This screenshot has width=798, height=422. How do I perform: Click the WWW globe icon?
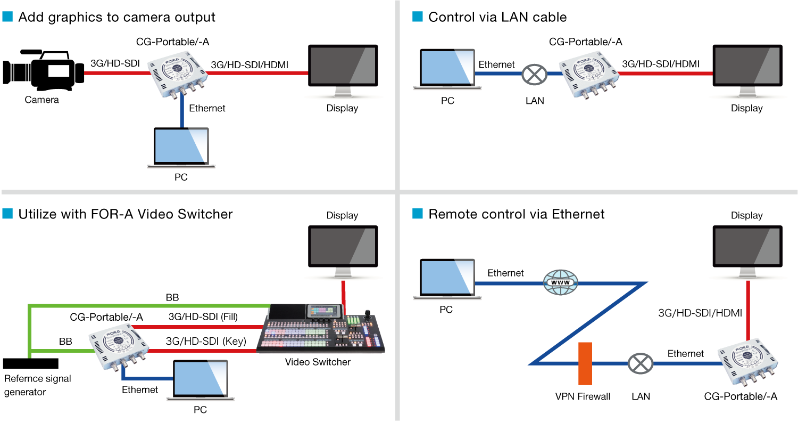pos(560,282)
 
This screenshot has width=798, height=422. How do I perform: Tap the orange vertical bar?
pos(585,363)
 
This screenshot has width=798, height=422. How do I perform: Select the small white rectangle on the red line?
pos(59,71)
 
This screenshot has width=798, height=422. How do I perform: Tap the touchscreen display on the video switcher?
pos(323,311)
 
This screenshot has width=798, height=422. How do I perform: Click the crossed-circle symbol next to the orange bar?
pos(640,363)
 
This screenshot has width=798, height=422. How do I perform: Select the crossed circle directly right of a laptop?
pos(534,74)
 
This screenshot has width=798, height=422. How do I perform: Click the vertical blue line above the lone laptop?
pos(182,112)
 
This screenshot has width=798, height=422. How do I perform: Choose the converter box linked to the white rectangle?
pos(178,74)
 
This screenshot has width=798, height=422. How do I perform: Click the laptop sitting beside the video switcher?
pos(201,379)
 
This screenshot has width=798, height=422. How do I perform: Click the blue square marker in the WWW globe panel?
pos(418,214)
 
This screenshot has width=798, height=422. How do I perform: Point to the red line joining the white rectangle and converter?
pos(117,73)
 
